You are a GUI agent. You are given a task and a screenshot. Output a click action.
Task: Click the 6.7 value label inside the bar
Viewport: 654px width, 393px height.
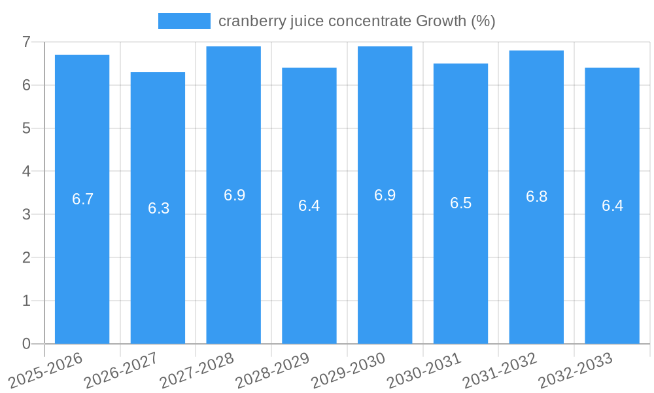tap(83, 199)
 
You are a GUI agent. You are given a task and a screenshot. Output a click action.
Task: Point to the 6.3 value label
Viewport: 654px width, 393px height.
tap(158, 208)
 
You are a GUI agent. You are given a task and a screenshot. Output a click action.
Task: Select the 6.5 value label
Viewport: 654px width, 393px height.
tap(460, 203)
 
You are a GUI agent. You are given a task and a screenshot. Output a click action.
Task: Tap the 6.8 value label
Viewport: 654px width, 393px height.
tap(536, 196)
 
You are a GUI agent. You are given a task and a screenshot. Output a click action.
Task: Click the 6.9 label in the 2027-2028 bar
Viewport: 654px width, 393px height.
tap(234, 195)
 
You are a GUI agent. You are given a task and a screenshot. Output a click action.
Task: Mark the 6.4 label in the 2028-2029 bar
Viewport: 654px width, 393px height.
tap(309, 206)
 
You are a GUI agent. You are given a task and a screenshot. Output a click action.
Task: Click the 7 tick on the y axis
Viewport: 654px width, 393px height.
tap(26, 42)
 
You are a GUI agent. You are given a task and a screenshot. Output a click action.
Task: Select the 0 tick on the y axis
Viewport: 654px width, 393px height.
tap(26, 344)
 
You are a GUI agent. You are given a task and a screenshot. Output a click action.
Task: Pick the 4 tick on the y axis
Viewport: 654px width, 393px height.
tap(26, 171)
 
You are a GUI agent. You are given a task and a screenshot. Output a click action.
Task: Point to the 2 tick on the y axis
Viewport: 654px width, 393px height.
tap(26, 257)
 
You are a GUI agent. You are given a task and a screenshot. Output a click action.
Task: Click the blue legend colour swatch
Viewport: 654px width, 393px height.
tap(184, 21)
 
